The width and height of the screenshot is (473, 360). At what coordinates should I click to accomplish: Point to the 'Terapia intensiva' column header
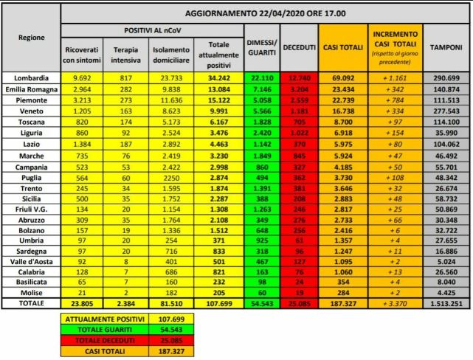[x=125, y=54]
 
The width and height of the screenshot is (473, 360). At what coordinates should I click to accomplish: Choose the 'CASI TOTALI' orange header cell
[x=341, y=46]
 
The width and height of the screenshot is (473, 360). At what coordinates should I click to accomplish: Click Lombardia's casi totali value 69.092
[x=341, y=77]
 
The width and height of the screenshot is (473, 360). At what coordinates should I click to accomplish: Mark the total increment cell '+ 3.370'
[x=395, y=302]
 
